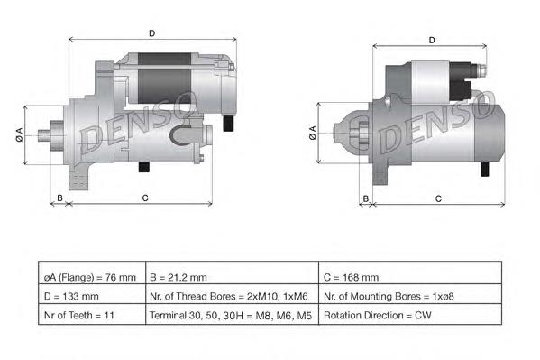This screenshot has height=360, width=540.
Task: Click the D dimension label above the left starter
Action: tap(151, 33)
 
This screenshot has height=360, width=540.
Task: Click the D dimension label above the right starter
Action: tap(432, 41)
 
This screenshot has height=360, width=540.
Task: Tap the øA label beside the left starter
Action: tap(19, 134)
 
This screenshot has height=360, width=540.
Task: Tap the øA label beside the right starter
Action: tap(312, 133)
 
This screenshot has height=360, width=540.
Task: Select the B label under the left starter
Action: tap(59, 198)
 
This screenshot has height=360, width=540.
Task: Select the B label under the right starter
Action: tap(366, 198)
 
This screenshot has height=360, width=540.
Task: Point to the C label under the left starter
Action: tap(145, 198)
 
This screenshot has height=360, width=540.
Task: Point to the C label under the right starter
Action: tap(438, 199)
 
